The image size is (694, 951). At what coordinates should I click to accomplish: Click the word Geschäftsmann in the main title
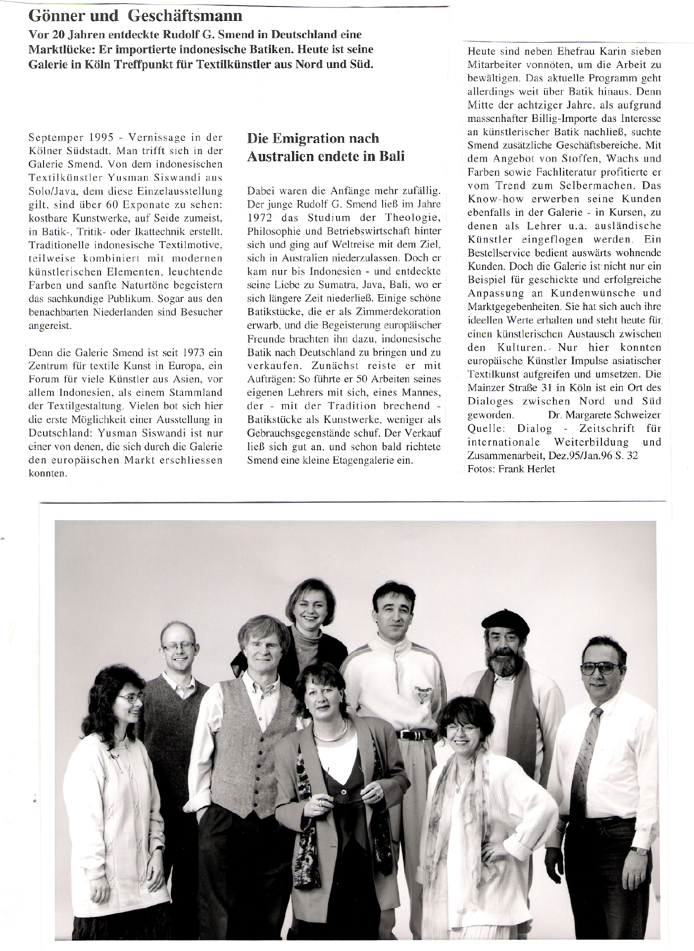185,16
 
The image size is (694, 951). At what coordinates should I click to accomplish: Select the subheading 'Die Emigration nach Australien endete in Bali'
326,147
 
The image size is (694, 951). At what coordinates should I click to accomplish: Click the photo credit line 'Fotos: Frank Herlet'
511,469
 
